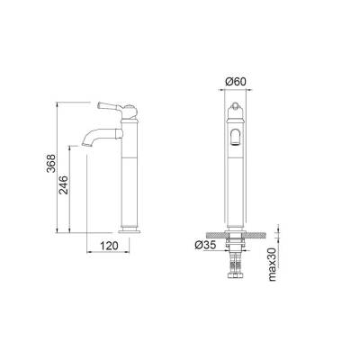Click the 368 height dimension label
[51, 163]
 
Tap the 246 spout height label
[64, 185]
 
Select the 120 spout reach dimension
[109, 246]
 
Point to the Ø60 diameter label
[236, 81]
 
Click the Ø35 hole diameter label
[205, 245]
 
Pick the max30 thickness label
[273, 265]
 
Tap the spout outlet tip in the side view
[85, 145]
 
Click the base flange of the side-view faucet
[130, 230]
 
